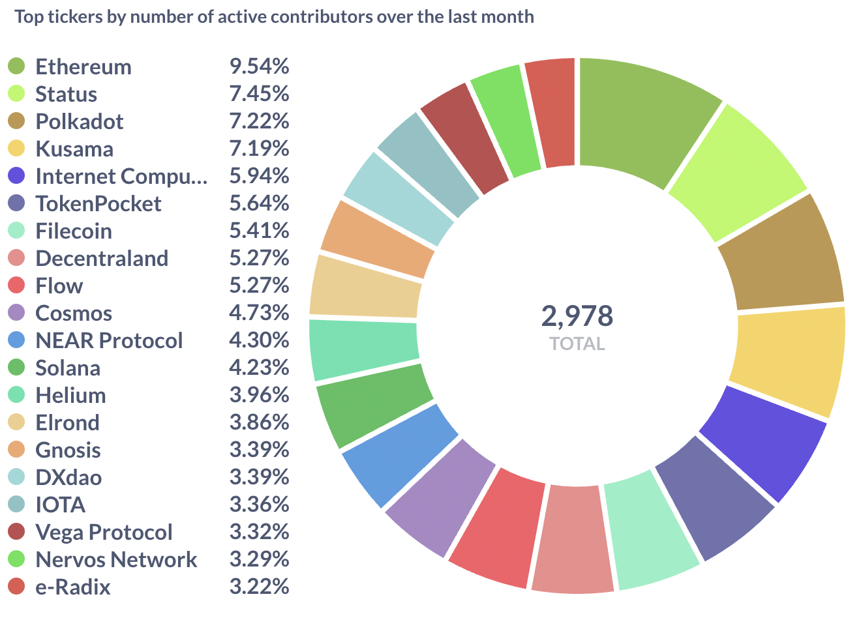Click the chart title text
[274, 16]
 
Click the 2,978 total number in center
[577, 316]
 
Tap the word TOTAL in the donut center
[577, 344]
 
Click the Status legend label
[66, 94]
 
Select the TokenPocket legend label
[98, 203]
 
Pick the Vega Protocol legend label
[104, 532]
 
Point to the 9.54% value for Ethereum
[259, 66]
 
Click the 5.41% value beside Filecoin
[259, 231]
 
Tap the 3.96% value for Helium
[259, 395]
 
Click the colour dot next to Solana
[16, 368]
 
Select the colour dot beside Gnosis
[16, 450]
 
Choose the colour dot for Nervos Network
[16, 559]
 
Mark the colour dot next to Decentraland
[16, 258]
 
